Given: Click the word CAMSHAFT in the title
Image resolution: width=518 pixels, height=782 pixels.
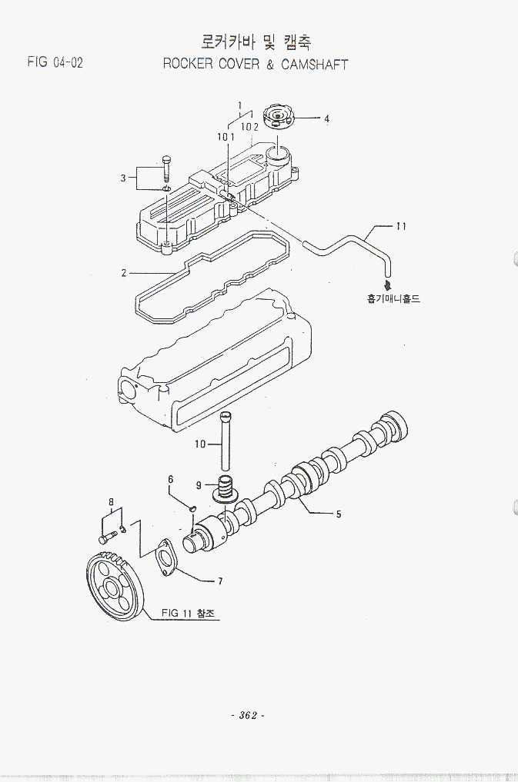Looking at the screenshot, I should click(x=314, y=65).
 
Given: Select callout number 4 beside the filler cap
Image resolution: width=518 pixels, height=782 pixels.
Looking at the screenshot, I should click(x=326, y=119).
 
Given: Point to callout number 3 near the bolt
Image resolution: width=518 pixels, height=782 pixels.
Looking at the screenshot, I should click(x=123, y=178).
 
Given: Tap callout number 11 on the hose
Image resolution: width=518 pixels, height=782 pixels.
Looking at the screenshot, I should click(x=401, y=226).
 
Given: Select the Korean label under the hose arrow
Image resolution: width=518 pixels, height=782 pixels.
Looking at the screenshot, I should click(x=393, y=298).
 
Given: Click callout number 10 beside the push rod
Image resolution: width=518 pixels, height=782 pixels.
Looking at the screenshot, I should click(x=200, y=444).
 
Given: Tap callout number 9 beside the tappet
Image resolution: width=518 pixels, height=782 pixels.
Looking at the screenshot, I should click(x=199, y=485).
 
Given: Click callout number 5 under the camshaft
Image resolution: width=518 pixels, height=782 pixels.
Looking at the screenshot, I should click(x=338, y=514).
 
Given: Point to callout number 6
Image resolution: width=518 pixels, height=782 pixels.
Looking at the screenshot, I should click(x=171, y=480).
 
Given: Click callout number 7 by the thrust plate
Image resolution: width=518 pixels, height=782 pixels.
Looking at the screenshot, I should click(x=220, y=581).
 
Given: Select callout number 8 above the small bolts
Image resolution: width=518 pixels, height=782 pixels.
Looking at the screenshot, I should click(x=112, y=502).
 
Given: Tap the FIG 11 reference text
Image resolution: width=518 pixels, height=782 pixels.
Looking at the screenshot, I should click(x=188, y=613).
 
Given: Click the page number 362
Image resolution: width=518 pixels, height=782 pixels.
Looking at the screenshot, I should click(x=248, y=715).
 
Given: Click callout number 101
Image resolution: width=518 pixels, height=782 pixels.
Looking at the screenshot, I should click(x=225, y=136).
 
